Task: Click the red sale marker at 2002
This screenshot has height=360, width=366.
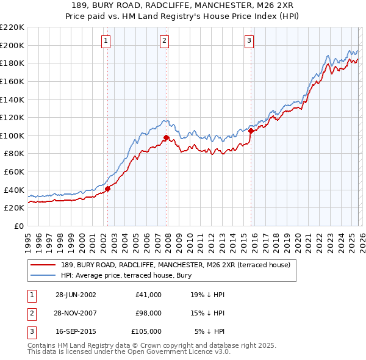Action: pyautogui.click(x=108, y=189)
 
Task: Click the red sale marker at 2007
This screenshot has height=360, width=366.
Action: pyautogui.click(x=167, y=137)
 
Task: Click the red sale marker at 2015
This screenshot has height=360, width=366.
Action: pyautogui.click(x=251, y=131)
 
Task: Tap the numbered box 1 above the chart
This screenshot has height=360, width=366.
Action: pyautogui.click(x=106, y=41)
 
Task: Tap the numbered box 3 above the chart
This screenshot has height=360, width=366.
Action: pyautogui.click(x=249, y=41)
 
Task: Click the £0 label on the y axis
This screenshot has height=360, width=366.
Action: pyautogui.click(x=18, y=226)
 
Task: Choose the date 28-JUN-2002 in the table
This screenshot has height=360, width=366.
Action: pyautogui.click(x=76, y=295)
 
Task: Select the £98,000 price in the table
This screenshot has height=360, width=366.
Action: pyautogui.click(x=148, y=313)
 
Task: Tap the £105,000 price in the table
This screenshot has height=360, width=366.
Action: pyautogui.click(x=146, y=331)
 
